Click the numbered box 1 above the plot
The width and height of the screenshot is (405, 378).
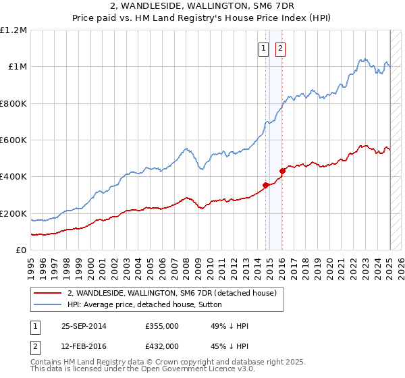point(262,48)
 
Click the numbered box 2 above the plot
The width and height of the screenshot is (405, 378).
point(279,48)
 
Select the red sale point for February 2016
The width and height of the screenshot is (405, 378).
point(282,171)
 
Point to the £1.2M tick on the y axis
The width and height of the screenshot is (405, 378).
point(14,30)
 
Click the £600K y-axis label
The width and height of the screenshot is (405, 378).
point(14,140)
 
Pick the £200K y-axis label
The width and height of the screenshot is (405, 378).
point(14,213)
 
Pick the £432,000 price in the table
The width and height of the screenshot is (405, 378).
point(162,346)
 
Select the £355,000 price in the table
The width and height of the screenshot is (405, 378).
point(162,326)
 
